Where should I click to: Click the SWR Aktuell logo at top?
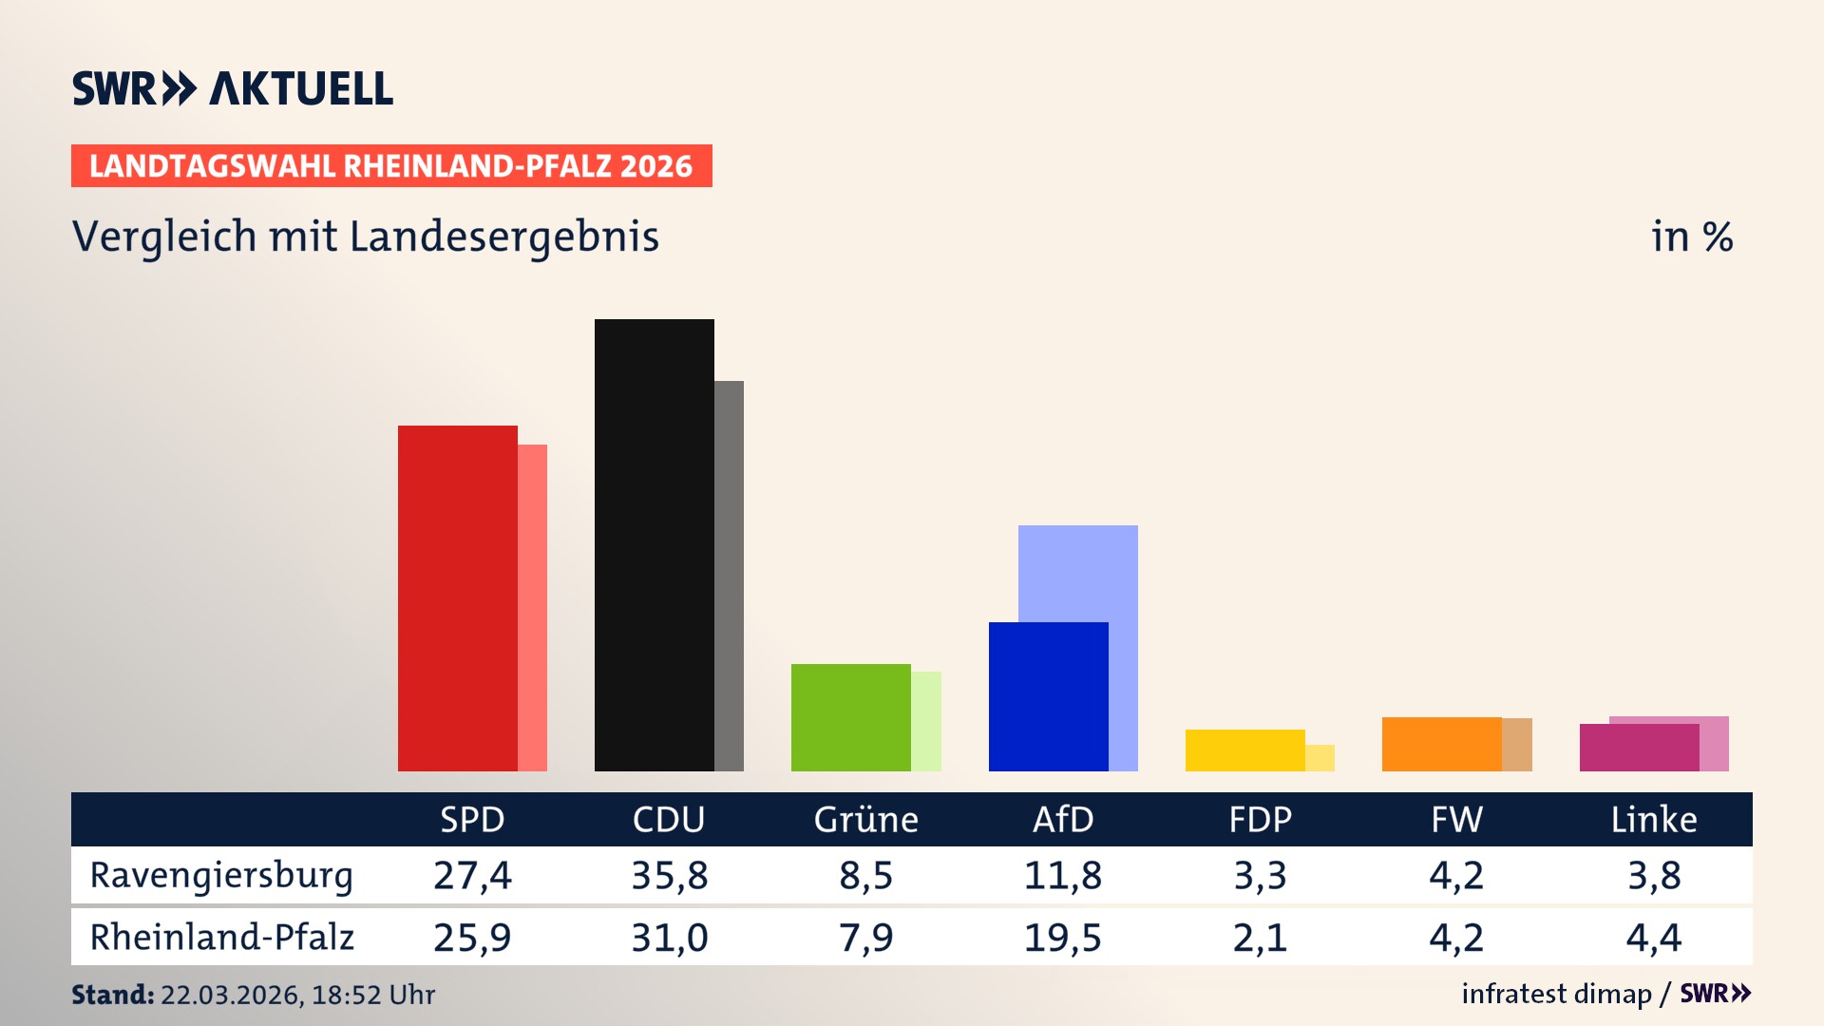click(232, 88)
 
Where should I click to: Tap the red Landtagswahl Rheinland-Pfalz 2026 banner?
click(391, 166)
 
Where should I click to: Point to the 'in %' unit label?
click(1691, 237)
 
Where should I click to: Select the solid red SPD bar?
click(457, 598)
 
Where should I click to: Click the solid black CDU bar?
click(654, 545)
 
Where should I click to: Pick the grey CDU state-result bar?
click(730, 576)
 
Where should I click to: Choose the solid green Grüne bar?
click(850, 717)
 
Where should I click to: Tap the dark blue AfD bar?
click(1048, 696)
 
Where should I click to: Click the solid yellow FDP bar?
click(1244, 750)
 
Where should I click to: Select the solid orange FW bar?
click(1441, 744)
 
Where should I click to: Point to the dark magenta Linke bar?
click(1639, 748)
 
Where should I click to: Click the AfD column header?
click(1063, 820)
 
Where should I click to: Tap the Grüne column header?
click(865, 820)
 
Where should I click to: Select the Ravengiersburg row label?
click(221, 875)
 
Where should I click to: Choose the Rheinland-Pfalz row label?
click(221, 938)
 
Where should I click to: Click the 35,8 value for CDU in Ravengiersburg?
click(670, 875)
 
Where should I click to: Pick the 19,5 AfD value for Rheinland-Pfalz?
click(1063, 938)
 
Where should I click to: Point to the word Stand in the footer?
click(112, 995)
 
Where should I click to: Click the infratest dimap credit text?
click(1556, 994)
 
